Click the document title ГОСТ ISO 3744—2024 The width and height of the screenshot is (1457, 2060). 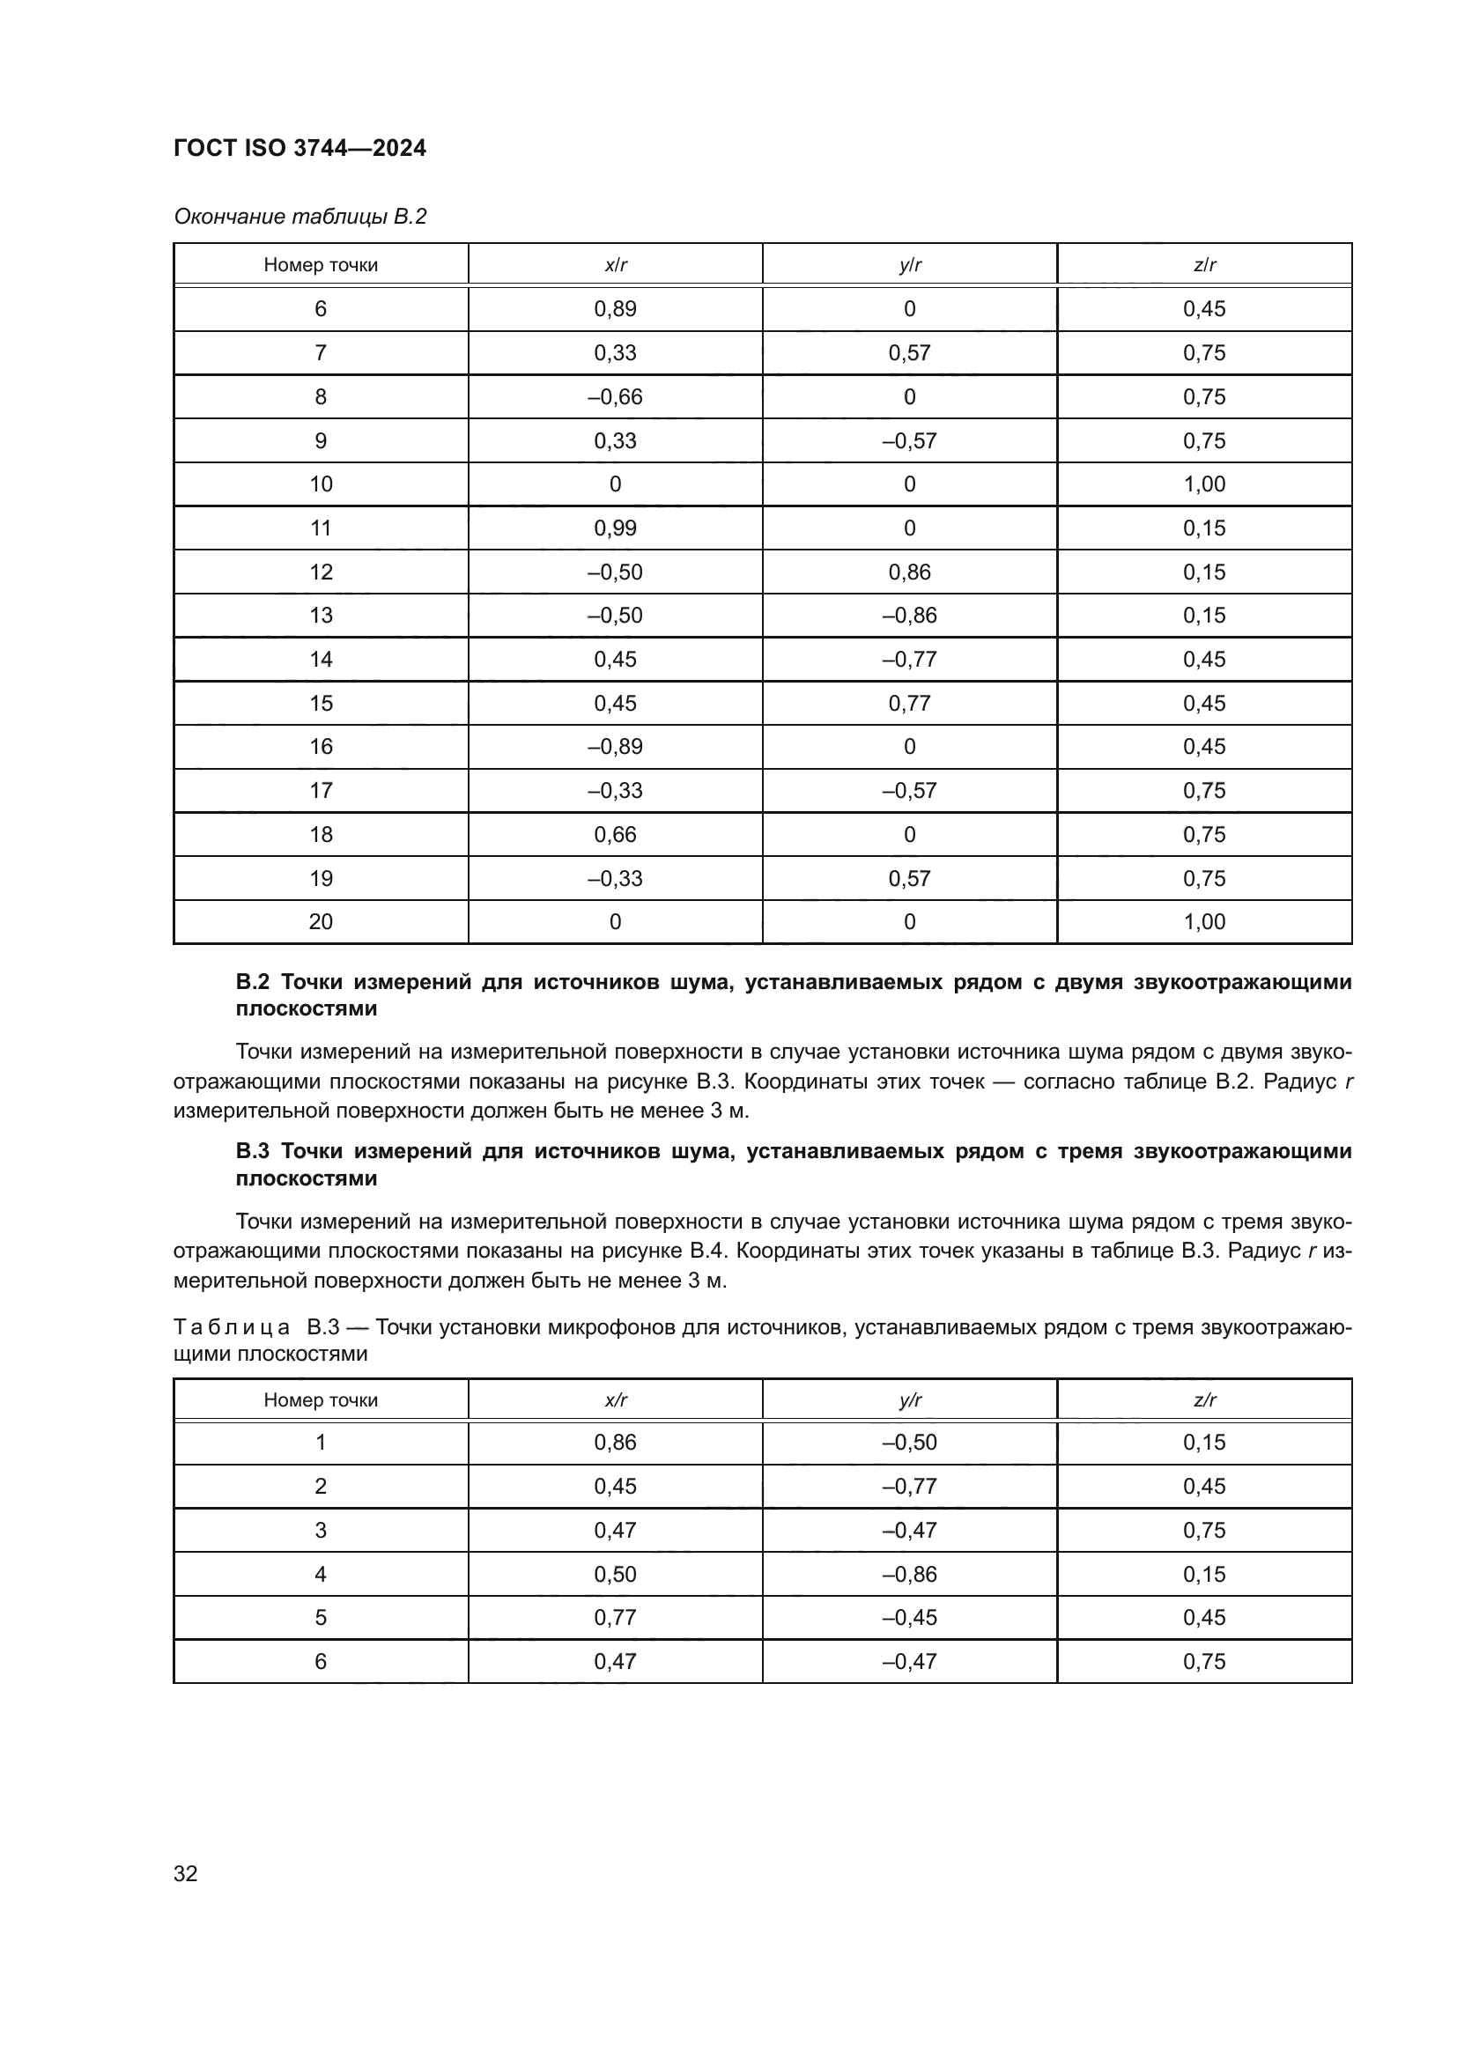300,148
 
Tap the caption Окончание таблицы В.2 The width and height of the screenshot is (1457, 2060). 300,217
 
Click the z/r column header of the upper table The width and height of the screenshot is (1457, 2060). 1204,265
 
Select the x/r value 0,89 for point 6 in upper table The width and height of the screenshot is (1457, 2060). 615,308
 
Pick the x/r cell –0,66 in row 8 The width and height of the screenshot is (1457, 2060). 615,396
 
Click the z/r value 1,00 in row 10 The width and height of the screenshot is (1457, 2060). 1204,484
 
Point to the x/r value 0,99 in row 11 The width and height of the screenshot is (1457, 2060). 615,528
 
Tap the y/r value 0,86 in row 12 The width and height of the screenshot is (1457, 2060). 909,572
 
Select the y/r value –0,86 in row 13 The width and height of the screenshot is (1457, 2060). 909,616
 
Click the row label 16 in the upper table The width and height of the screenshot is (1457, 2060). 321,747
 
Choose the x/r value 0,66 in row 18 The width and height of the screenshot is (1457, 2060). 615,834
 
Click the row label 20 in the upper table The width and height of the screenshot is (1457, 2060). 321,922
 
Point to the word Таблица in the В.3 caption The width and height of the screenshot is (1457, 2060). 232,1327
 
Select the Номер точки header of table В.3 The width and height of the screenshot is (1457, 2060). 321,1399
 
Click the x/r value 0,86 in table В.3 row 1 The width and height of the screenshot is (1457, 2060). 615,1443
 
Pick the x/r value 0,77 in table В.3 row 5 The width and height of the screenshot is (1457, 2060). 615,1618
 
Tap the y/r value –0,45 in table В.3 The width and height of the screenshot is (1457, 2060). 909,1618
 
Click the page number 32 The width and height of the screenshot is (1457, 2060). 186,1873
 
